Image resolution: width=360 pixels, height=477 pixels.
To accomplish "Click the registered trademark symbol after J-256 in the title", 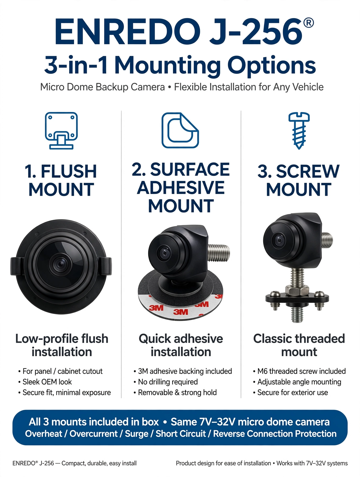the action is coord(308,23).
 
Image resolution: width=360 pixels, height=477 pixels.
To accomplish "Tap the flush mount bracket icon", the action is coord(61,130).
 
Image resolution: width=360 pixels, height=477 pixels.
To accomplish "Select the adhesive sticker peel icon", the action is coord(180,130).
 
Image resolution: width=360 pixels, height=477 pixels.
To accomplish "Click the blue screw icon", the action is coord(299,130).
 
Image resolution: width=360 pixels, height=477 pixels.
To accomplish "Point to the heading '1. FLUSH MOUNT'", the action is coord(61,180).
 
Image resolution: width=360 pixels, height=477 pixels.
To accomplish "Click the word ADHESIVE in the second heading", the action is coord(181,188).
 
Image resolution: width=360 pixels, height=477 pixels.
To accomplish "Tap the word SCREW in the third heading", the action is coord(308,171).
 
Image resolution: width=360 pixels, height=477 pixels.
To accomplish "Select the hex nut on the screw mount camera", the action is coord(297,290).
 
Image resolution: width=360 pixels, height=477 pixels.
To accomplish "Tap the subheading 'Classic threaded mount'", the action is coord(299,345).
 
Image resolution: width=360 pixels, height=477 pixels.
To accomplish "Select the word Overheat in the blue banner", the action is coord(43,434).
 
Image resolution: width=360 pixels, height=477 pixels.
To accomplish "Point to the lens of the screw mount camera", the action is coord(279,240).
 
